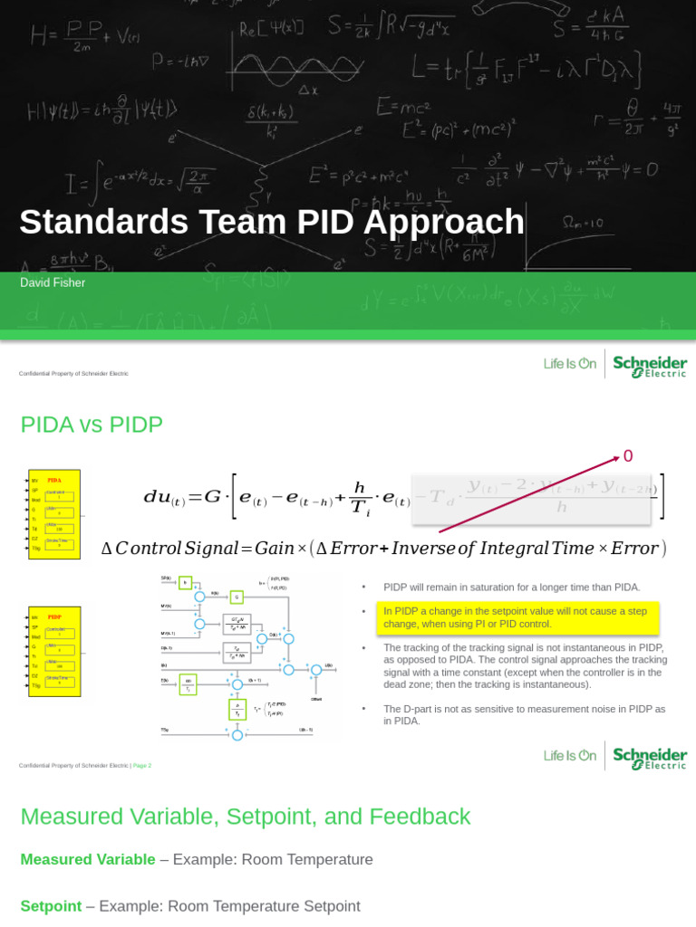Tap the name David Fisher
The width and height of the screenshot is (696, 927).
tap(53, 283)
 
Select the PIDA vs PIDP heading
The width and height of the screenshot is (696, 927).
tap(92, 425)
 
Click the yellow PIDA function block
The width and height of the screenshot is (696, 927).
tap(54, 513)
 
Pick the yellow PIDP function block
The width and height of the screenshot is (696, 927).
tap(54, 652)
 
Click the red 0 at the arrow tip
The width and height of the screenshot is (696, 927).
tap(628, 456)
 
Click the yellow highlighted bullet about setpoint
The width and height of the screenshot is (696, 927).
tap(517, 617)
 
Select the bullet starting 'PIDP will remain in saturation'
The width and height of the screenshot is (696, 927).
tap(511, 588)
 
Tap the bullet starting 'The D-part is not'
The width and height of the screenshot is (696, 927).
tap(524, 714)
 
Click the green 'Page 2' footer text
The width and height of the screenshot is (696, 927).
tap(141, 766)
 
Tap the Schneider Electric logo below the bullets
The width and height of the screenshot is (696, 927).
tap(650, 757)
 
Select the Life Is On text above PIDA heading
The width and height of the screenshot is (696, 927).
tap(570, 364)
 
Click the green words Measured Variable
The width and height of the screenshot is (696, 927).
tap(87, 859)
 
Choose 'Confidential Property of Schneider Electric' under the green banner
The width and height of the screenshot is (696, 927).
tap(73, 374)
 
